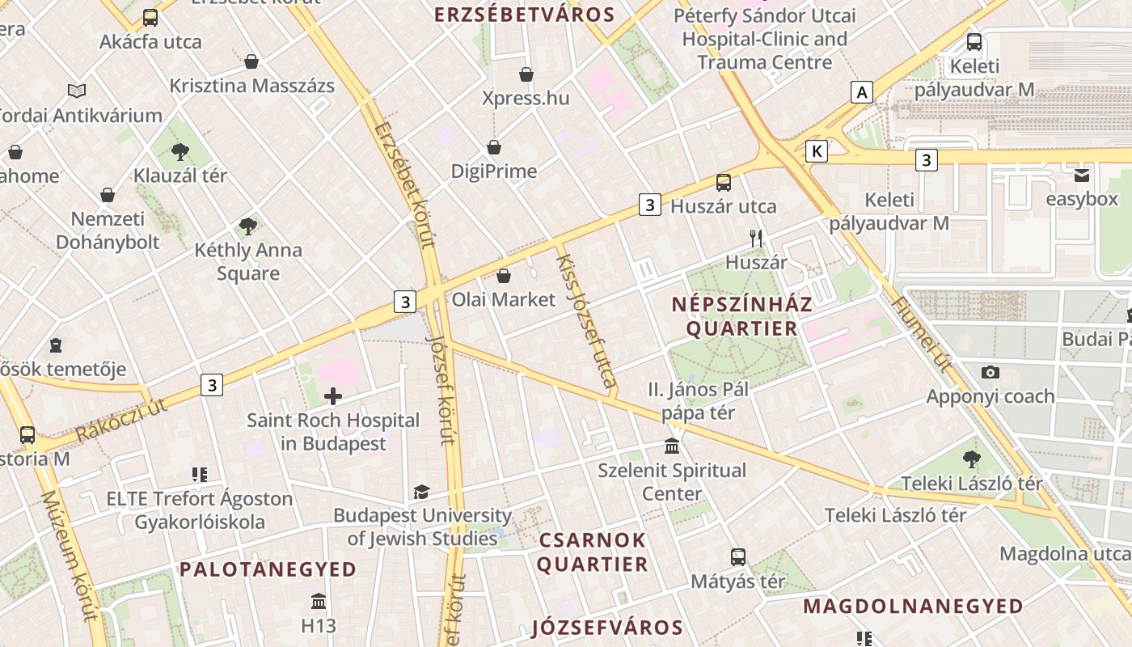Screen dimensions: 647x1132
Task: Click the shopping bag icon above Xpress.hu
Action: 526,74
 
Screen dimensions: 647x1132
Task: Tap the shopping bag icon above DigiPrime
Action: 494,147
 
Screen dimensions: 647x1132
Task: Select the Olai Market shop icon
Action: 504,276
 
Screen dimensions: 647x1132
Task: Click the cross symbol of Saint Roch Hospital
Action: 332,396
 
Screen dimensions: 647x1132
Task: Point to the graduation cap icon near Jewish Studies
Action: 420,492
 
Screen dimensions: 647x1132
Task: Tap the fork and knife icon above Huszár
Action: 756,238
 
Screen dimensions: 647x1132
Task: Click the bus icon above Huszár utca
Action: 724,183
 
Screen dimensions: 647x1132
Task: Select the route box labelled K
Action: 817,150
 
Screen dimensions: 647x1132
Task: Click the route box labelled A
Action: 863,92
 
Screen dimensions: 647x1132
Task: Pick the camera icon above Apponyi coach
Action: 990,373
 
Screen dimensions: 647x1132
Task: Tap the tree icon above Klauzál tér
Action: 180,151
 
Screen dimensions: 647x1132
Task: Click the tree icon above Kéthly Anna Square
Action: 248,226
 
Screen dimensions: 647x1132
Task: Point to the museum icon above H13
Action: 319,602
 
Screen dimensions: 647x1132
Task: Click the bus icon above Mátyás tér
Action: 737,557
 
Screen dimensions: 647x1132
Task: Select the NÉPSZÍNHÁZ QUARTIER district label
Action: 742,316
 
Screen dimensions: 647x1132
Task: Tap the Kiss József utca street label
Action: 587,320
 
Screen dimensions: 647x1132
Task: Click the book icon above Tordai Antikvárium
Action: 77,91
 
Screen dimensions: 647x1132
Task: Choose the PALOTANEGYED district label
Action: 268,569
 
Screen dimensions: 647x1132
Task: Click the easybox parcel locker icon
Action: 1082,175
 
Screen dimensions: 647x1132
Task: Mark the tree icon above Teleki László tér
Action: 972,460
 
